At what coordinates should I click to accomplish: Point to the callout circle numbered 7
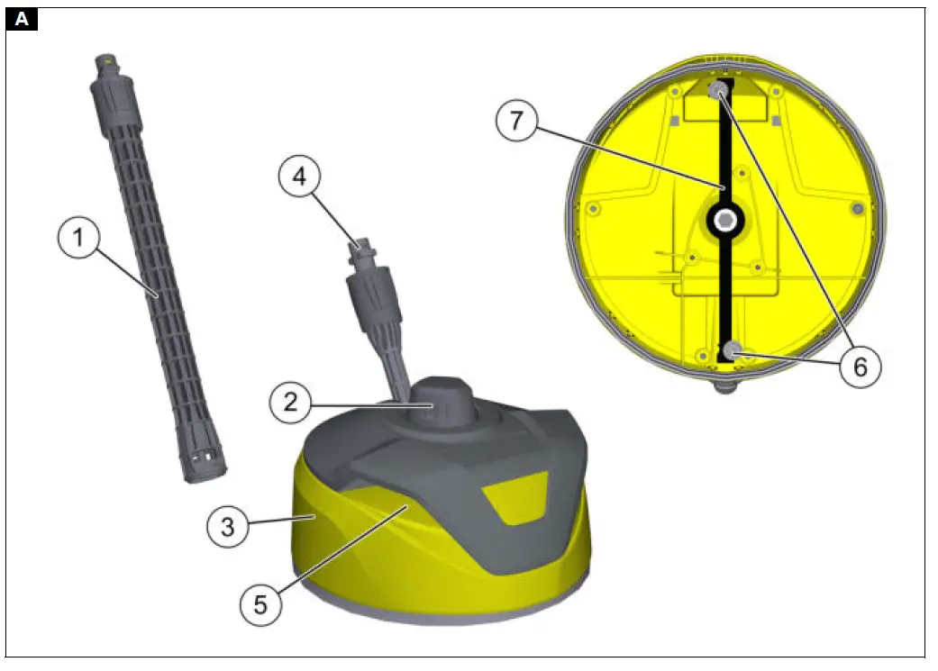pyautogui.click(x=516, y=122)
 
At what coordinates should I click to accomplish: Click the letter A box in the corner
pyautogui.click(x=22, y=19)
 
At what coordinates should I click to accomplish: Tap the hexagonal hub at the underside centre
pyautogui.click(x=724, y=220)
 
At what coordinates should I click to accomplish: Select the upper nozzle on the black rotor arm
pyautogui.click(x=718, y=91)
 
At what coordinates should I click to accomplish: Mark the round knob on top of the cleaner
pyautogui.click(x=437, y=405)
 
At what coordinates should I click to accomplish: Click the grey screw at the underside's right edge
pyautogui.click(x=858, y=209)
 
